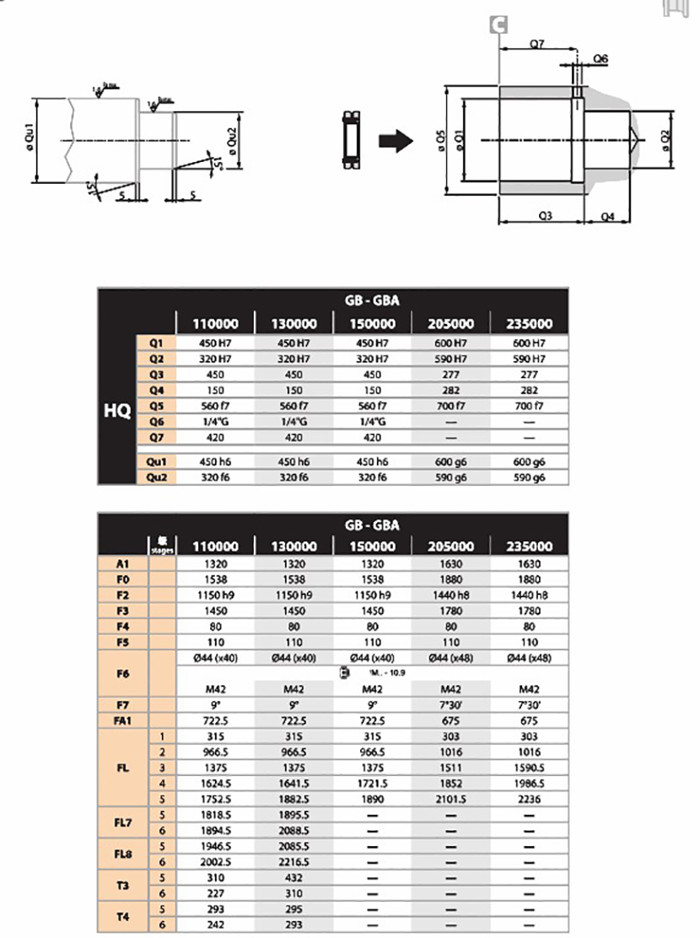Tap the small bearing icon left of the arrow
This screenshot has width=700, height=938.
(x=351, y=137)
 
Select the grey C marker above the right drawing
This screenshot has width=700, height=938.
(x=498, y=26)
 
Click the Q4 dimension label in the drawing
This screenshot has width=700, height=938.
(x=607, y=217)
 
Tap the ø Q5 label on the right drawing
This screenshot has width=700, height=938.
(x=439, y=140)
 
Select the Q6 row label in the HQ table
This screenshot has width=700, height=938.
(x=156, y=421)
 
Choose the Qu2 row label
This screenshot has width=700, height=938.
(x=156, y=477)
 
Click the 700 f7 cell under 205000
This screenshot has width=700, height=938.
(x=450, y=406)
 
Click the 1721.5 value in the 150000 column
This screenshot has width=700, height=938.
(x=372, y=784)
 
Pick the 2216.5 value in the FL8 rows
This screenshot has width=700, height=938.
(x=294, y=862)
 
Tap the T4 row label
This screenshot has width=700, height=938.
(x=122, y=917)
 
